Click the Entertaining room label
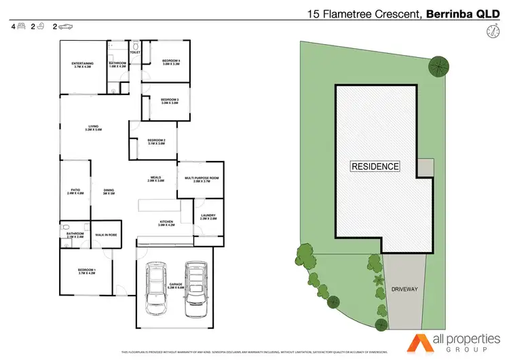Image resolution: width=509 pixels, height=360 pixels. (x=82, y=65)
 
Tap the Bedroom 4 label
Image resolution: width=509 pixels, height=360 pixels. (x=170, y=62)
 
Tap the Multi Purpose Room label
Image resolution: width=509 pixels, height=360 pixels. (x=202, y=179)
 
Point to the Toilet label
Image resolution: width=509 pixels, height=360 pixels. (x=134, y=52)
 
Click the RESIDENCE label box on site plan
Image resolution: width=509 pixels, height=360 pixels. (x=375, y=166)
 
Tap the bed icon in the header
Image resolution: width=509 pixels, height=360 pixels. (x=21, y=26)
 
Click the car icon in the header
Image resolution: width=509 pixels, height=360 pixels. (x=66, y=26)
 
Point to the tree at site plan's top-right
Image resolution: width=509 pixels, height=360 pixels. (x=438, y=65)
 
